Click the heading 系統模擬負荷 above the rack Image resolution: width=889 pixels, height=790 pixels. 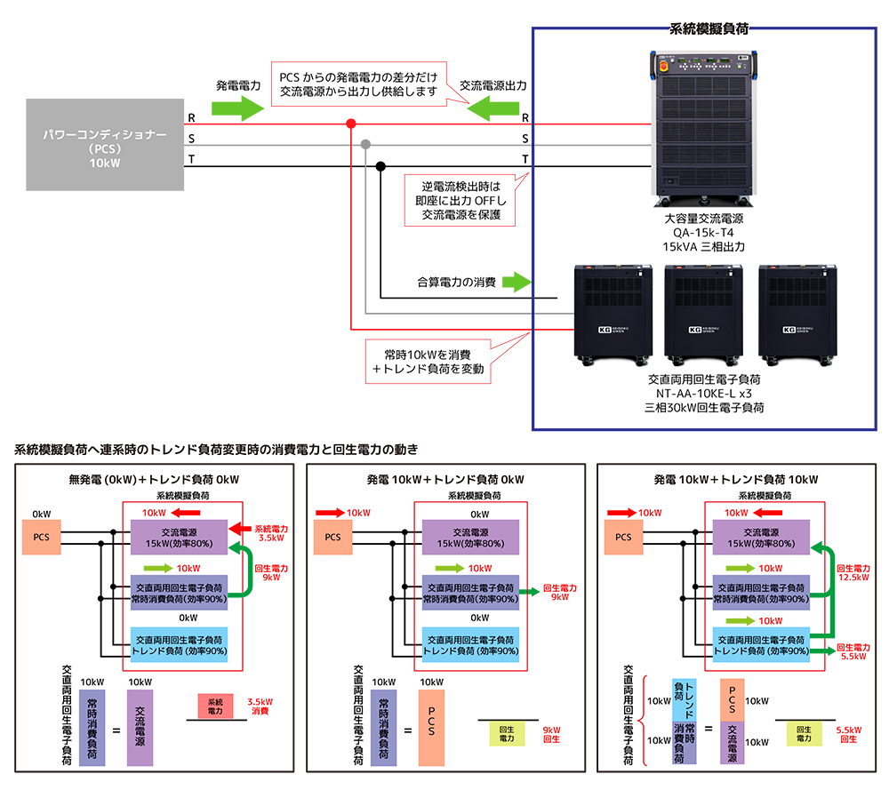(x=708, y=28)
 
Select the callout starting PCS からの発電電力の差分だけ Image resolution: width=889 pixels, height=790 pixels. (x=358, y=84)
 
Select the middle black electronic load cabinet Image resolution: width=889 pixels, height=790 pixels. (x=702, y=314)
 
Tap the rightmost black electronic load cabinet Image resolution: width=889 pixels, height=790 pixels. (x=797, y=314)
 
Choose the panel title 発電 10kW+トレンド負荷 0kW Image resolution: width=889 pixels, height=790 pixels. (x=444, y=481)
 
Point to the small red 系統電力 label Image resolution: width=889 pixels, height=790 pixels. (x=215, y=706)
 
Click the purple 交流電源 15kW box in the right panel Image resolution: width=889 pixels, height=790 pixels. (x=768, y=538)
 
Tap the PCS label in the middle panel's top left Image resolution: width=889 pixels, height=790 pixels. (x=332, y=538)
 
